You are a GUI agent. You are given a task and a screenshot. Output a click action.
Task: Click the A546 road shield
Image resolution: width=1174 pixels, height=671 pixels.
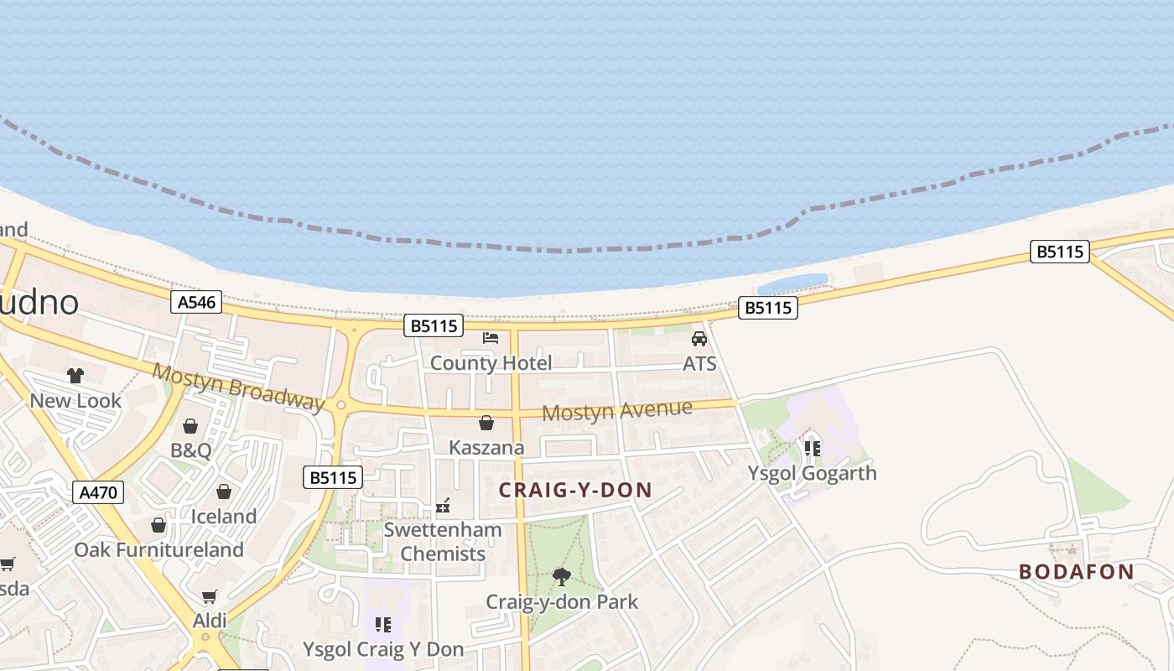[196, 302]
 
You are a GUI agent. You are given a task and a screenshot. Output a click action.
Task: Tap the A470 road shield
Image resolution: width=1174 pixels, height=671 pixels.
[98, 492]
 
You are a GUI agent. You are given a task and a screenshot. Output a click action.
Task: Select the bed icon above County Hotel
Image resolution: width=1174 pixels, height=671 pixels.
[491, 337]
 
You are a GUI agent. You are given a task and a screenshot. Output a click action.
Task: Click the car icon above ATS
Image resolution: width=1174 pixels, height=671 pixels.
[699, 338]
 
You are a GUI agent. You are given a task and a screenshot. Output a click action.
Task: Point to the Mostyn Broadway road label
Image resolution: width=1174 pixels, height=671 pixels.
[238, 388]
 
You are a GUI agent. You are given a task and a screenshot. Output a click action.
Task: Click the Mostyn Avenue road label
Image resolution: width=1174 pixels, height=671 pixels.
[617, 411]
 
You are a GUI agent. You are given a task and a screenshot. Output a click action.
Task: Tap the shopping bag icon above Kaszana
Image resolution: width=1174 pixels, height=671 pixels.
[486, 423]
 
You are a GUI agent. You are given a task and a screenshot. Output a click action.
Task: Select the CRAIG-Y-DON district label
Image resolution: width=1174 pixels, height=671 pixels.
[575, 491]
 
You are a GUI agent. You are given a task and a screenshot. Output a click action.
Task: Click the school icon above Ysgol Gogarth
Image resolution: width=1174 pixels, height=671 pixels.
[812, 448]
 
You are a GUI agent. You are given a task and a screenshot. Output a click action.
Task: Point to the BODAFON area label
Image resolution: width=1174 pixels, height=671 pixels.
[1076, 572]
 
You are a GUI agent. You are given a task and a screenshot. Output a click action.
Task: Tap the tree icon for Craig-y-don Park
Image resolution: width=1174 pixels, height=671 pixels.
[562, 576]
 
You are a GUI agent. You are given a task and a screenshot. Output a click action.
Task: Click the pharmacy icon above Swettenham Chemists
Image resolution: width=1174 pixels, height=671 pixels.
[443, 506]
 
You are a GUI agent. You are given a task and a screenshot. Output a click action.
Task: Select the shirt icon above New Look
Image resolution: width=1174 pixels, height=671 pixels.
[75, 375]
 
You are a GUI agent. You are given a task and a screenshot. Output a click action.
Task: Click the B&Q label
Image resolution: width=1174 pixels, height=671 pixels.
[191, 450]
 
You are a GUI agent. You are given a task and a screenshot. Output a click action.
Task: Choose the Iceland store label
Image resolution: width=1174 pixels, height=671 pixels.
[224, 517]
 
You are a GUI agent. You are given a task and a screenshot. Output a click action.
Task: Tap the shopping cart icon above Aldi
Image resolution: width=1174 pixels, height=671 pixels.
[210, 596]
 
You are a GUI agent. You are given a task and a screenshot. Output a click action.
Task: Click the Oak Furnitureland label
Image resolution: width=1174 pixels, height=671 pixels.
[159, 550]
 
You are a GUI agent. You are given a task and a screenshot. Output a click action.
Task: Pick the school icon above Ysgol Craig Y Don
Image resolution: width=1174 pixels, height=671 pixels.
[383, 624]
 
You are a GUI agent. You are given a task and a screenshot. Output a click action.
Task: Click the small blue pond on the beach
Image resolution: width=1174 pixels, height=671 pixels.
[792, 282]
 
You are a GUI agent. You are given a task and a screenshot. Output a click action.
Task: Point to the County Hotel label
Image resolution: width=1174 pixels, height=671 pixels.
[491, 363]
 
